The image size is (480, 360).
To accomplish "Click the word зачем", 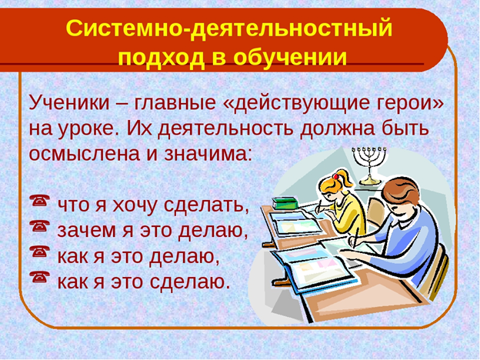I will [82, 229].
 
